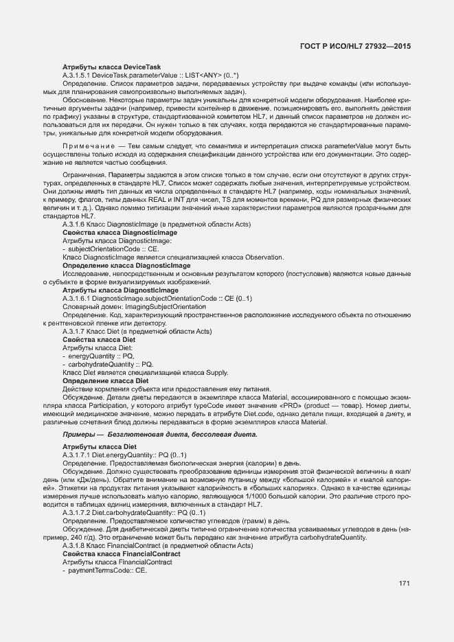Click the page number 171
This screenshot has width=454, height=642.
pyautogui.click(x=405, y=584)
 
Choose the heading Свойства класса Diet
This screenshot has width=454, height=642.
pyautogui.click(x=99, y=340)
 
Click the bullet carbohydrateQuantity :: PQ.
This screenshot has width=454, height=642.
pyautogui.click(x=111, y=364)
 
